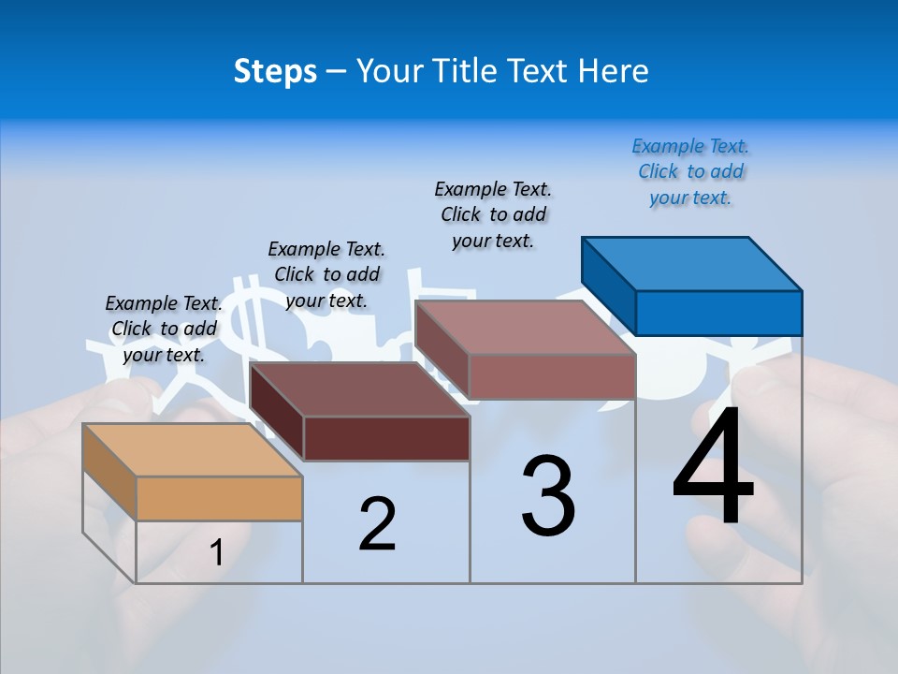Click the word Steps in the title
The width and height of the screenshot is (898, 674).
click(x=275, y=71)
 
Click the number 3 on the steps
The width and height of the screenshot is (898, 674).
click(x=548, y=496)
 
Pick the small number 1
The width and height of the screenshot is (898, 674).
click(x=217, y=553)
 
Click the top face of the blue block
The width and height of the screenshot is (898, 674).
click(x=690, y=263)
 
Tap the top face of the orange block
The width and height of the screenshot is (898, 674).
click(x=192, y=449)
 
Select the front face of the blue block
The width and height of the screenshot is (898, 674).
click(x=718, y=313)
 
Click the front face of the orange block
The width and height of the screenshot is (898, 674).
click(x=219, y=498)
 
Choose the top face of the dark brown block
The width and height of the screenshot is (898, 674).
click(x=360, y=389)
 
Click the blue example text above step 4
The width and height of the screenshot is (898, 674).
click(x=690, y=172)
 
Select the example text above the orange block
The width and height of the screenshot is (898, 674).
click(x=164, y=329)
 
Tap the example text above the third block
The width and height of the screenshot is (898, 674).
click(x=493, y=214)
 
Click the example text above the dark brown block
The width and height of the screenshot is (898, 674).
click(x=326, y=274)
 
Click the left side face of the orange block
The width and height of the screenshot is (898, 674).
click(x=109, y=472)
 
